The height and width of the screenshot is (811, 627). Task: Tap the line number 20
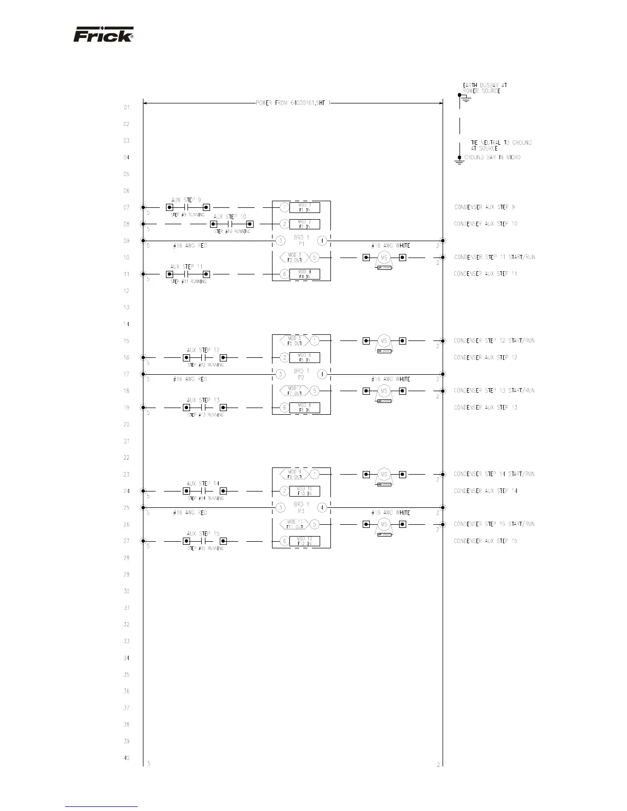126,424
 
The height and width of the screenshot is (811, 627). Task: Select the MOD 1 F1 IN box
304,207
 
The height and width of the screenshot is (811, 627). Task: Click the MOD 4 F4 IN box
304,274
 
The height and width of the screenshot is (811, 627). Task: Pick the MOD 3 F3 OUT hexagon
294,257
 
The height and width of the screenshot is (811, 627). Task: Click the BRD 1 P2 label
301,374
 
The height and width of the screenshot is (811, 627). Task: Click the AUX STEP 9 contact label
186,200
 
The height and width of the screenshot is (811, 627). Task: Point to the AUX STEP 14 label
203,483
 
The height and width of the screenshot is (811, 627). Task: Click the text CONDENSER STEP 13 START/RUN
494,391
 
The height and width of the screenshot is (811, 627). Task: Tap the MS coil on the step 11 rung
384,258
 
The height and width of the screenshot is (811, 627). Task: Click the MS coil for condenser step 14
384,474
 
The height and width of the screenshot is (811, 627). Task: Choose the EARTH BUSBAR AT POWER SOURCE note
485,88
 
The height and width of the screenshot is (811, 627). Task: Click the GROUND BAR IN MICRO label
492,157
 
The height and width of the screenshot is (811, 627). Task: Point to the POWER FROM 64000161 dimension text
293,103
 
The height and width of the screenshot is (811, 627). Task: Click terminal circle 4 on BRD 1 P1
322,241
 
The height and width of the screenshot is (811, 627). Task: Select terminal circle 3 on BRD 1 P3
280,508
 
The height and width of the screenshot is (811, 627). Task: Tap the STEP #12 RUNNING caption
205,365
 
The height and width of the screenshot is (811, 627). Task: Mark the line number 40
126,758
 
